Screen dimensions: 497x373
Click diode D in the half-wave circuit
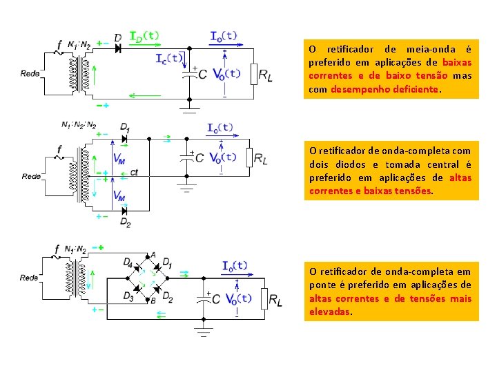click(118, 48)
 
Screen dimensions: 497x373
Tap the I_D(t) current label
click(144, 36)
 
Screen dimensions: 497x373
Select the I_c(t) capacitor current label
click(169, 59)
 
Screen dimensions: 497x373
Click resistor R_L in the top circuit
click(253, 74)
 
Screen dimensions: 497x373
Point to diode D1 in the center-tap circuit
click(124, 139)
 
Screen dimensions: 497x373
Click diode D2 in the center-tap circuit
click(124, 211)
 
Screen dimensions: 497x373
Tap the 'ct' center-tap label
click(134, 172)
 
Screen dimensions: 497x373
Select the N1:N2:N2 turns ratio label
click(79, 124)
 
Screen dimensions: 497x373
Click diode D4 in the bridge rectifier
click(137, 268)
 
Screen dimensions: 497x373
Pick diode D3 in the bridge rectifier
click(137, 289)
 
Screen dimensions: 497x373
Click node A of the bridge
click(148, 256)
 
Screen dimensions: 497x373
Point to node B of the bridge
click(148, 299)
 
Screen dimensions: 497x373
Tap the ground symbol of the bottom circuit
click(204, 332)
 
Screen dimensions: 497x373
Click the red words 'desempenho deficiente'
click(384, 89)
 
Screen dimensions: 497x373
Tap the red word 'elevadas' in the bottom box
click(329, 312)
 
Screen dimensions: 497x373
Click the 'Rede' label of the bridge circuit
click(29, 278)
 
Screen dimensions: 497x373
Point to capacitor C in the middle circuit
click(186, 157)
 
